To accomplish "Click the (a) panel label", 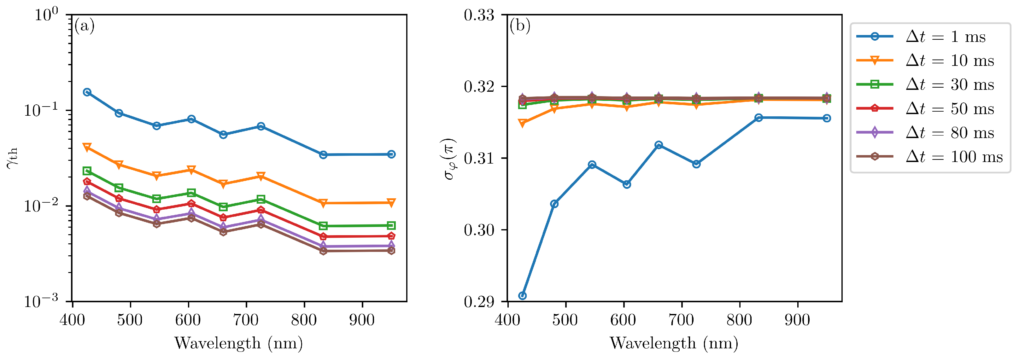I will (x=84, y=26).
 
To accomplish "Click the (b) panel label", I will (x=520, y=26).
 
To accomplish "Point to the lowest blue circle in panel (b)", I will (x=522, y=295).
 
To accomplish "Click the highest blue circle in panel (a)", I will (x=87, y=92).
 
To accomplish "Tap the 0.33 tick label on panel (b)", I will (x=479, y=15).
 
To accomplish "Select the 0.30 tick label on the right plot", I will (x=479, y=230).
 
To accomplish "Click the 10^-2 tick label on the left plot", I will (x=41, y=205).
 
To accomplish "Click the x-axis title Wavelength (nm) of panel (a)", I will (x=238, y=343).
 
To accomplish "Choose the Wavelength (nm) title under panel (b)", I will (x=674, y=343).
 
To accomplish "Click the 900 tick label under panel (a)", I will (x=361, y=320).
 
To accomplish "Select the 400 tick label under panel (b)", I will (x=507, y=320).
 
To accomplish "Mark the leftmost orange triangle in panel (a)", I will (x=87, y=148).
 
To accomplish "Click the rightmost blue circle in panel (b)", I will (x=826, y=118).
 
